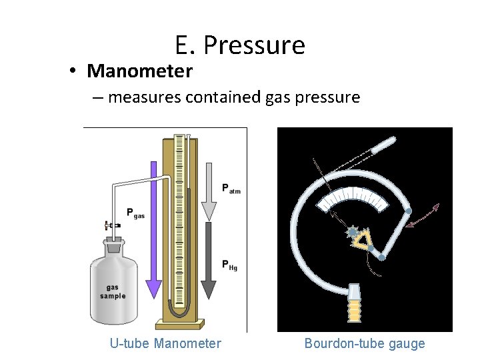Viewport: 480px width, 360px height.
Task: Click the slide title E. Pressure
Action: point(240,45)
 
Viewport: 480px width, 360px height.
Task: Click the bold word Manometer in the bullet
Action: point(139,71)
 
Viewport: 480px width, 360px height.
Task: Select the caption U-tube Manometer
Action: point(165,343)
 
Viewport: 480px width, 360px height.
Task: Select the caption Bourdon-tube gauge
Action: point(365,343)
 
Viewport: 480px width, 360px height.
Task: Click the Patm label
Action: point(231,189)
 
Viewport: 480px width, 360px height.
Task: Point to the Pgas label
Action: point(135,213)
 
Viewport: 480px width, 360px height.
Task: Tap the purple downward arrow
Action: point(154,233)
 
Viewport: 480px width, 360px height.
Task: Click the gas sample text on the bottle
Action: point(113,291)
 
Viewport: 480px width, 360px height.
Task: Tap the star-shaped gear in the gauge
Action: point(351,231)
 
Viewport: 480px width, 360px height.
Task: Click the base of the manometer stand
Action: point(178,325)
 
